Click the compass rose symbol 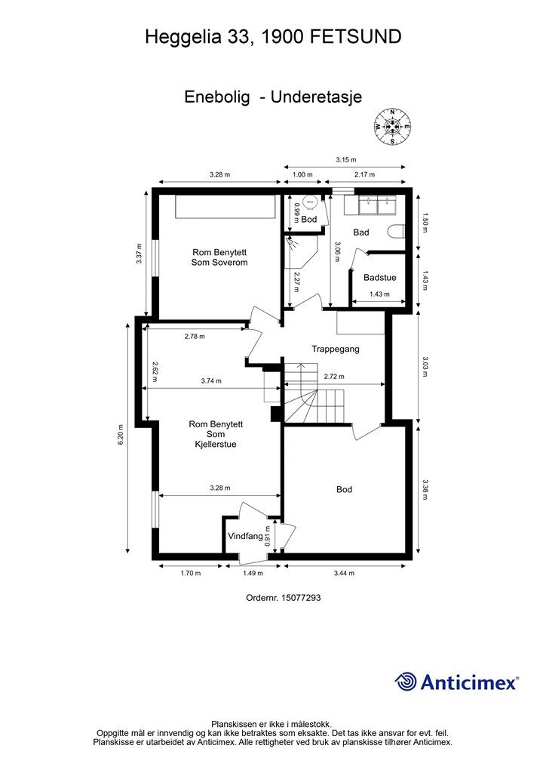[x=392, y=127]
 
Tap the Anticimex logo [x=456, y=682]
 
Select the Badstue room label [x=379, y=278]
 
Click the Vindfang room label [x=245, y=536]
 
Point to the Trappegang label [x=336, y=349]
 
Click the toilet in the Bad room [x=397, y=231]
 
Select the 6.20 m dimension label [x=121, y=435]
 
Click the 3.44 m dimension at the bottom [x=344, y=573]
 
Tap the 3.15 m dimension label [x=345, y=159]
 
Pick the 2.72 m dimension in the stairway [x=334, y=376]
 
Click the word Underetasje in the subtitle [x=316, y=97]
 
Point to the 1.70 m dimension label [x=191, y=573]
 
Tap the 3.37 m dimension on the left [x=140, y=254]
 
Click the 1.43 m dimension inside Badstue [x=379, y=294]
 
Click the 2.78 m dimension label [x=195, y=336]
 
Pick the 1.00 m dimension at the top [x=302, y=174]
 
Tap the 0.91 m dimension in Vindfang [x=268, y=537]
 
